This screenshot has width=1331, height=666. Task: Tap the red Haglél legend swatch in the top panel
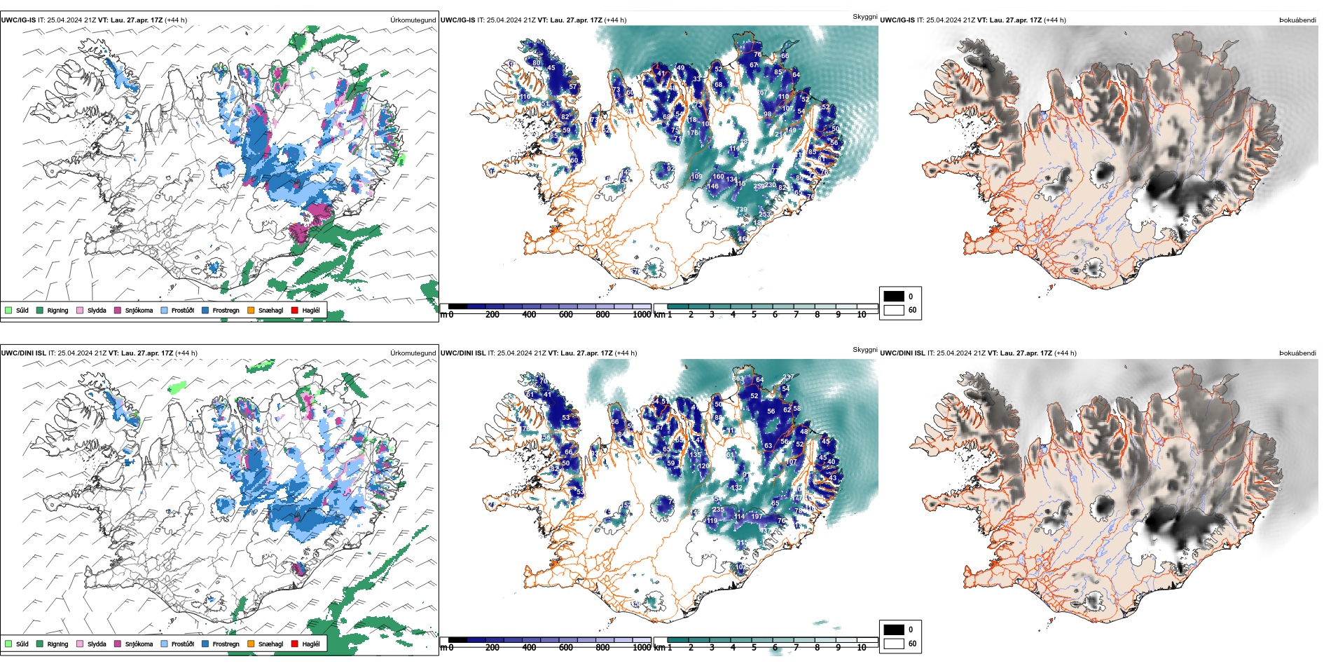[295, 310]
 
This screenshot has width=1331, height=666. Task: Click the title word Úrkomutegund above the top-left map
[413, 20]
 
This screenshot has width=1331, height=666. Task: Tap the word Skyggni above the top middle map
[864, 16]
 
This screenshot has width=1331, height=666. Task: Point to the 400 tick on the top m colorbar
[529, 315]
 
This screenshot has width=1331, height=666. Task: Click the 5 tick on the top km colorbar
[754, 315]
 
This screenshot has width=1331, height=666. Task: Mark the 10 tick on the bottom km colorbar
[861, 648]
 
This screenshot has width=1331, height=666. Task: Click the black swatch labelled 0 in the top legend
[894, 296]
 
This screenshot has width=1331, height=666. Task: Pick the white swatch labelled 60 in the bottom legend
[894, 644]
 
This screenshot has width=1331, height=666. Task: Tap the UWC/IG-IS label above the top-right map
[897, 20]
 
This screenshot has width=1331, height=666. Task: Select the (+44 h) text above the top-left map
[175, 20]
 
